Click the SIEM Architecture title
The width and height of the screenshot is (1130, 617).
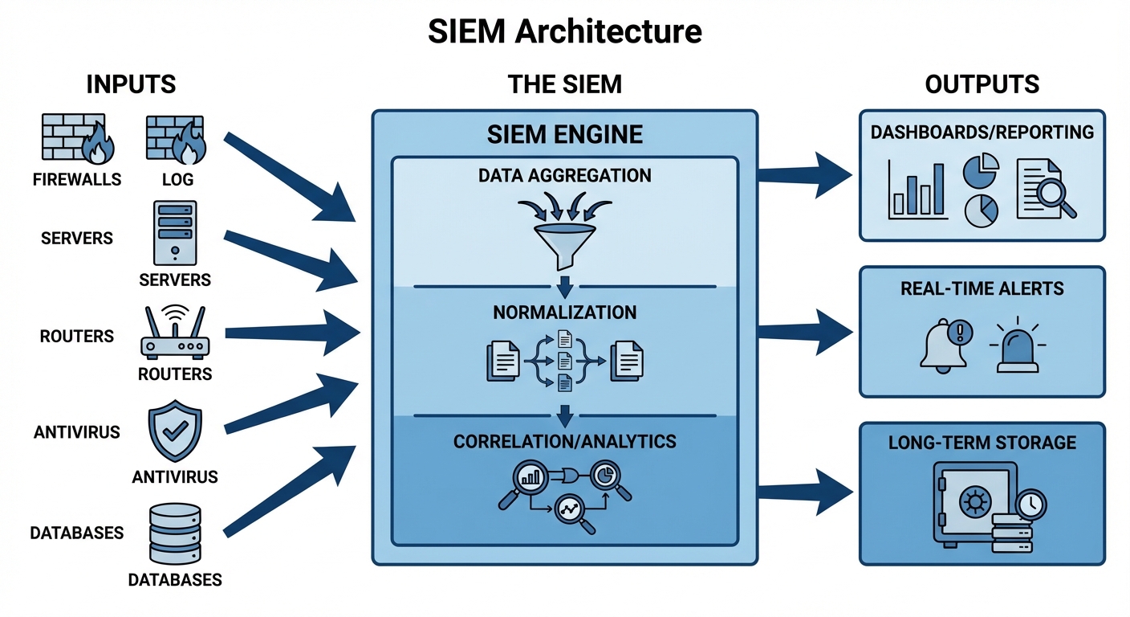[x=565, y=31]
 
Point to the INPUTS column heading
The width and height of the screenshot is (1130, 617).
[x=131, y=84]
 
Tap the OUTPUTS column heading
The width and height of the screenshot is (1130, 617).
[x=982, y=84]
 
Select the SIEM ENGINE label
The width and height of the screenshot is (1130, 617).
[x=565, y=133]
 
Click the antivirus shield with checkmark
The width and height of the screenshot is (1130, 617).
[x=175, y=434]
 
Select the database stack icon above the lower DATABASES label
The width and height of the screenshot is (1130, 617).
[x=175, y=535]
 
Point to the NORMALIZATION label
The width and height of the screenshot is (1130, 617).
[x=565, y=313]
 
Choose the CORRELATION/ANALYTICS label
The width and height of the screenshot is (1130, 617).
[x=565, y=441]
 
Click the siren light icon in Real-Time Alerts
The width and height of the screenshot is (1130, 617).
[x=1017, y=349]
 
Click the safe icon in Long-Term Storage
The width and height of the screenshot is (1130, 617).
[x=969, y=505]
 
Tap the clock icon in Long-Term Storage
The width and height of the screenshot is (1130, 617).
[x=1030, y=505]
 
